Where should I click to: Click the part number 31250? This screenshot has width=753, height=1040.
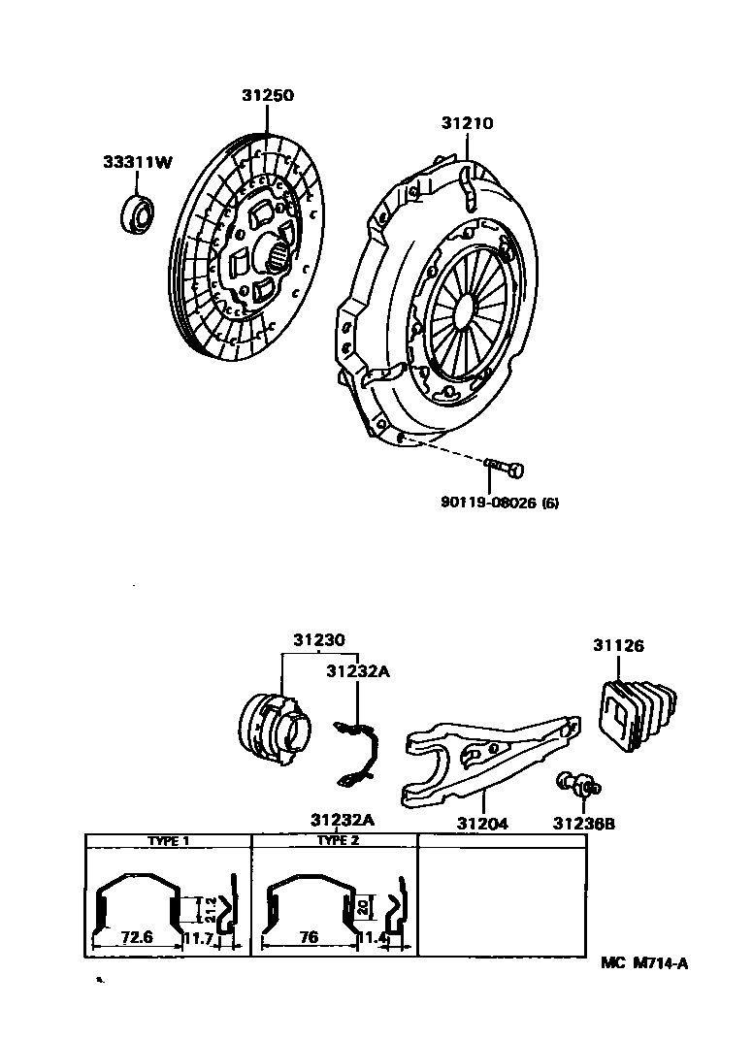click(x=268, y=95)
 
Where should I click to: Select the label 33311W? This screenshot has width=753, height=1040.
click(x=138, y=163)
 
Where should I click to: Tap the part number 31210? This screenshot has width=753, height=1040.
click(x=467, y=124)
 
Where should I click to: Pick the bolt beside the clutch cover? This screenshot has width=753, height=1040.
click(x=504, y=470)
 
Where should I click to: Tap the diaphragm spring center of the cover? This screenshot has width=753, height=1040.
click(x=463, y=309)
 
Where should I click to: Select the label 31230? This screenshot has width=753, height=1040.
click(x=319, y=640)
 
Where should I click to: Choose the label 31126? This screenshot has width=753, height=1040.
click(x=619, y=645)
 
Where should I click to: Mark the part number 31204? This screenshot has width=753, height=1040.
click(x=483, y=824)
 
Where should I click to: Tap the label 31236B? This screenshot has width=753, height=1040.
click(x=584, y=824)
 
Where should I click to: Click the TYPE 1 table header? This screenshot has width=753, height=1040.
click(x=168, y=841)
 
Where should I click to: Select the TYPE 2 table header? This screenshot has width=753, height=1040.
click(x=338, y=840)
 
